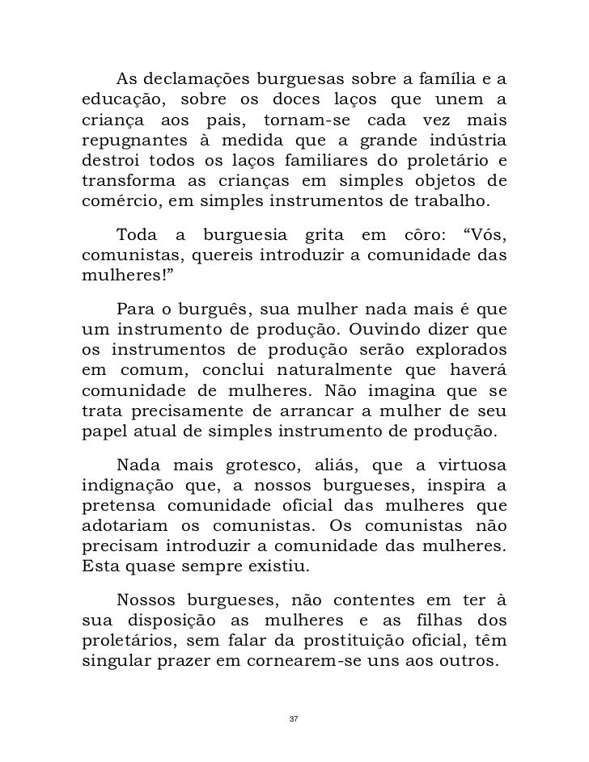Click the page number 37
(x=294, y=718)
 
